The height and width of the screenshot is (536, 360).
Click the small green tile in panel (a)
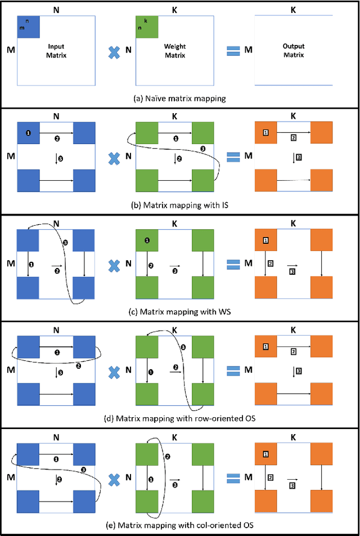(x=147, y=27)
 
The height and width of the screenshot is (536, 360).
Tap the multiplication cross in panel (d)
(x=115, y=371)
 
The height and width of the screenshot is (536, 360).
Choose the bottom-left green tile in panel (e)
(x=147, y=502)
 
